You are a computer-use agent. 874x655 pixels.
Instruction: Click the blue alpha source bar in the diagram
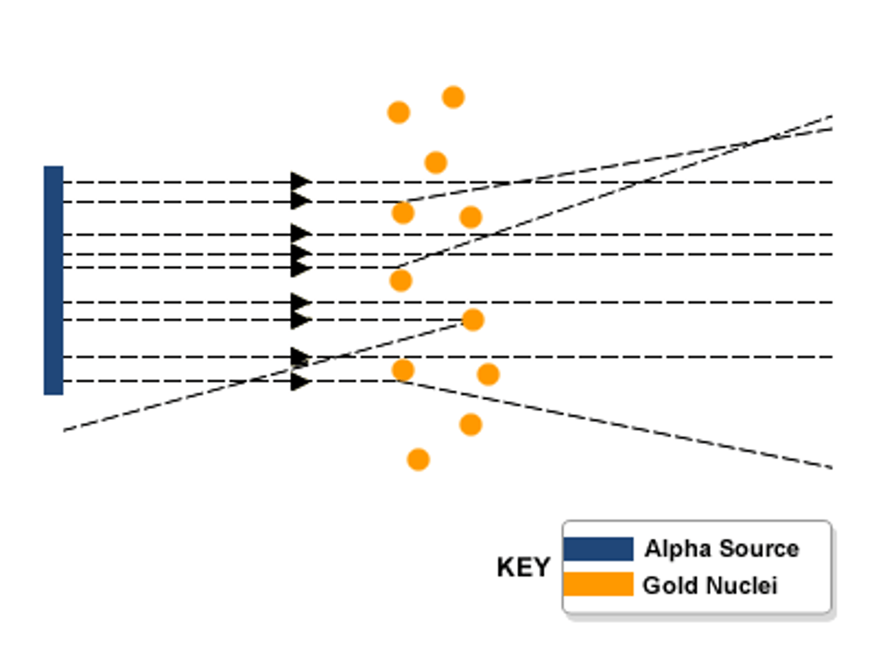[x=53, y=280]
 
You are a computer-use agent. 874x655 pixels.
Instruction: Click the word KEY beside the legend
[x=523, y=568]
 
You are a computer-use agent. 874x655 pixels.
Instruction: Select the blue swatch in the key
[x=598, y=549]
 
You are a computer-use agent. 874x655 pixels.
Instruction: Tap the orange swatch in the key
[x=598, y=585]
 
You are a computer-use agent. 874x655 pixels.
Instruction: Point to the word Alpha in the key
[x=677, y=549]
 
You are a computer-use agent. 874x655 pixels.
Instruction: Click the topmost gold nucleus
[x=453, y=97]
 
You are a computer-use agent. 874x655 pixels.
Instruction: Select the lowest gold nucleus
[x=418, y=460]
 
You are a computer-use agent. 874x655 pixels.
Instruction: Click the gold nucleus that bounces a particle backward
[x=473, y=320]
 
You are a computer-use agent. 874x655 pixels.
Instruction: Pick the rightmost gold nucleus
[x=488, y=374]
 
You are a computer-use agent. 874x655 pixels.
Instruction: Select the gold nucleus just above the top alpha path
[x=436, y=163]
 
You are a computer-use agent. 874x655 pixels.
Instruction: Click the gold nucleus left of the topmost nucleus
[x=399, y=112]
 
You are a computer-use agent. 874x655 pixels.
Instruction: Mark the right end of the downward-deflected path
[x=830, y=468]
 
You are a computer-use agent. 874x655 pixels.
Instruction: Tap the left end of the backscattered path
[x=65, y=430]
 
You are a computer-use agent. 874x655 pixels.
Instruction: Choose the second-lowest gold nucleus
[x=470, y=425]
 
